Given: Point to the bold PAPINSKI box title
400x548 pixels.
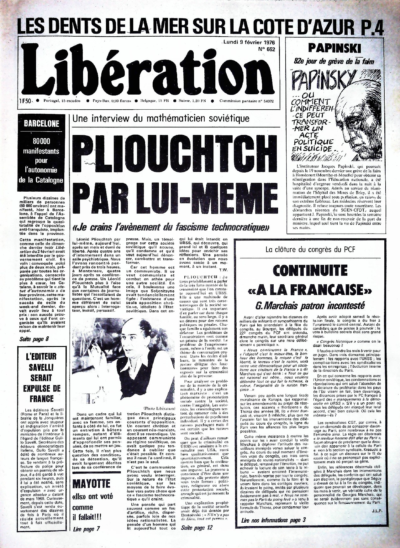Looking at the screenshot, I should click(x=335, y=48).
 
